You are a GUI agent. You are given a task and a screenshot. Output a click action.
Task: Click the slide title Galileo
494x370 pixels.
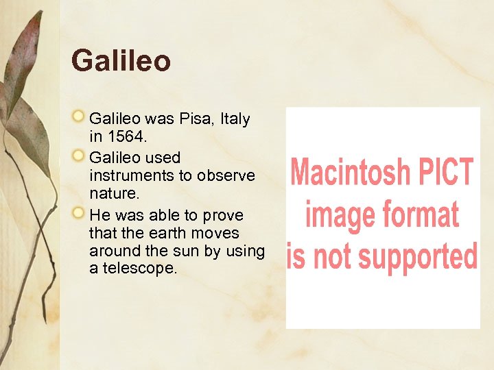121,61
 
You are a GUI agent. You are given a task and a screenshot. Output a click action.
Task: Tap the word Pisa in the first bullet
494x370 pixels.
196,119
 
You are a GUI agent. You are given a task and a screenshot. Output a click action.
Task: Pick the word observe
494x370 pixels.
226,175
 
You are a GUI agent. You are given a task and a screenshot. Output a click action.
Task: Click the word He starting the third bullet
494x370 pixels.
99,215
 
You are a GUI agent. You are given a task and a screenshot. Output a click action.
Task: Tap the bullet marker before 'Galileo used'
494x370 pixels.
80,158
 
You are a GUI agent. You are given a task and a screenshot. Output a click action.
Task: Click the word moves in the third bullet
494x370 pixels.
217,233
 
